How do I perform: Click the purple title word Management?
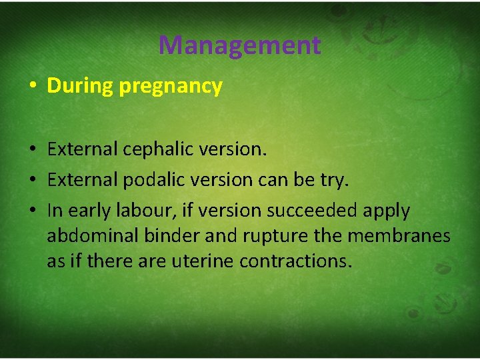[239, 45]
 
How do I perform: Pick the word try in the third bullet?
[336, 181]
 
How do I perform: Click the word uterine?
[203, 261]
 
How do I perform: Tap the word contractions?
[295, 261]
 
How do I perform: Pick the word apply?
[387, 211]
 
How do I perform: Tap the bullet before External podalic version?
[33, 181]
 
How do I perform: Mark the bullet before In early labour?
[33, 211]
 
